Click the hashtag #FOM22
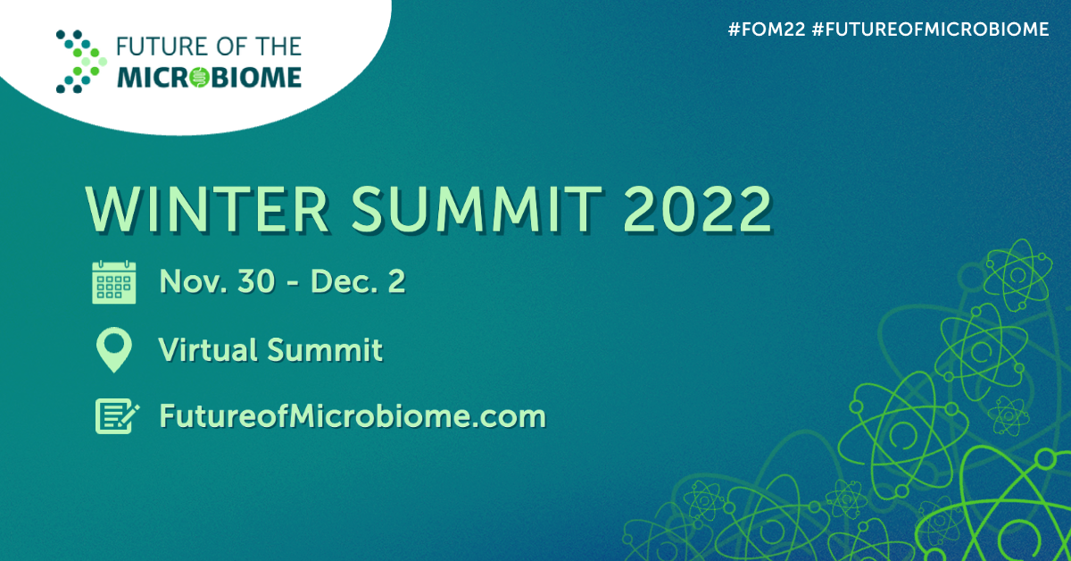[x=766, y=29]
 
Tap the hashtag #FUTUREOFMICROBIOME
[x=930, y=29]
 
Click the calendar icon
[x=114, y=282]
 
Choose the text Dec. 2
[x=358, y=282]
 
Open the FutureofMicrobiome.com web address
[x=352, y=416]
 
